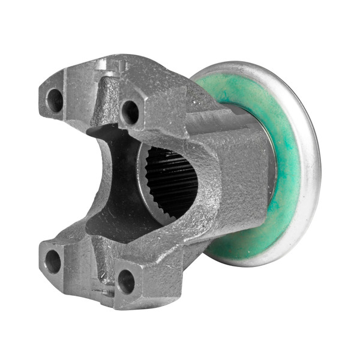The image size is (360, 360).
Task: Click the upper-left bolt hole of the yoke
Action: tap(55, 100)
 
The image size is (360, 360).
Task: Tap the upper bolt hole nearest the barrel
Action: tap(130, 112)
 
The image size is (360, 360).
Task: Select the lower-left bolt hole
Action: tap(53, 261)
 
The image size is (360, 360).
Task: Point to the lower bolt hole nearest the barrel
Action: tap(126, 281)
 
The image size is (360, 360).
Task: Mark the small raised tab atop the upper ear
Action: tap(114, 63)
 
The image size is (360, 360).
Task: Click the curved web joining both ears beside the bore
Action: tap(207, 192)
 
